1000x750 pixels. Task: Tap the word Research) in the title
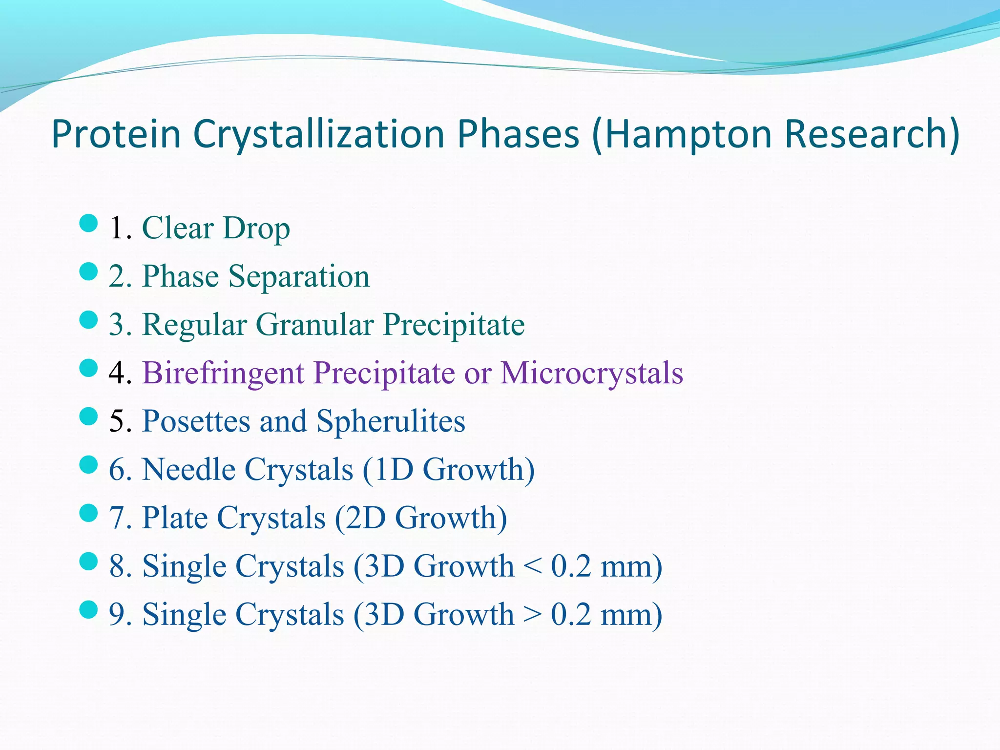click(x=872, y=134)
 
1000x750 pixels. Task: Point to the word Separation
click(x=299, y=276)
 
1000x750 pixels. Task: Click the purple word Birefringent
click(x=223, y=373)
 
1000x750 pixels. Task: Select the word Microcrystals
click(x=592, y=373)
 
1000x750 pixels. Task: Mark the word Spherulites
click(x=391, y=421)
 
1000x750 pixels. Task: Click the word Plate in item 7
click(x=175, y=518)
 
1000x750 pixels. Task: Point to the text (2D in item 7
click(x=360, y=518)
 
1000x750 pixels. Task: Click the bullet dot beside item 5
click(x=88, y=417)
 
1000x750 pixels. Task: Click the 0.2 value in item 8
click(x=571, y=566)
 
